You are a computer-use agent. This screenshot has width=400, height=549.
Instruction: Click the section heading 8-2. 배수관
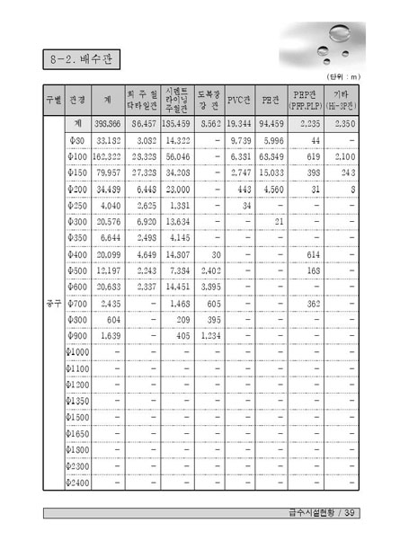click(x=80, y=60)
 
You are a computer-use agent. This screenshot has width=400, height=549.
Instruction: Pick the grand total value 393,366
click(x=109, y=123)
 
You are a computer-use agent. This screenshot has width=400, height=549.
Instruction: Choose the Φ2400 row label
click(x=77, y=482)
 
